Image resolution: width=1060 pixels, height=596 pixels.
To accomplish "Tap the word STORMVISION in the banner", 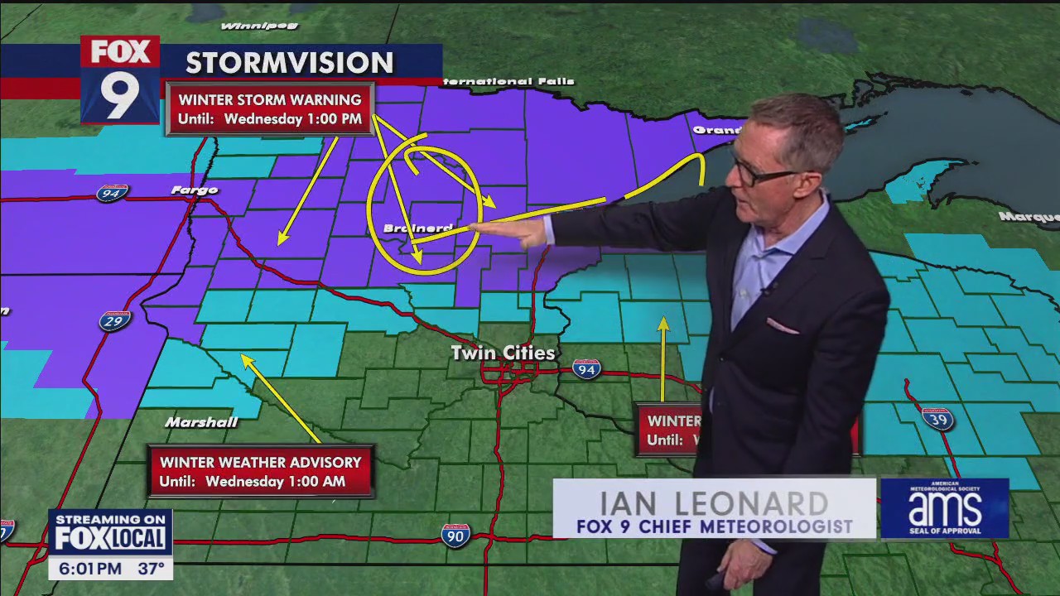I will pos(289,63).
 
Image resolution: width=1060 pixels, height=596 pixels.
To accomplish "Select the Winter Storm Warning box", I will pos(270,109).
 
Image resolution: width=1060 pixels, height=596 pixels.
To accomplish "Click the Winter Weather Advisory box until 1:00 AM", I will pos(260,472).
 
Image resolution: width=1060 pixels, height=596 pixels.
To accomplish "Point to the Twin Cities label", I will pos(503,353).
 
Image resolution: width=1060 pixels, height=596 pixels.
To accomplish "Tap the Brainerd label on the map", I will pos(417,228).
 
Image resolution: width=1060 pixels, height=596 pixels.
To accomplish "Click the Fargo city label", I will pos(195,190).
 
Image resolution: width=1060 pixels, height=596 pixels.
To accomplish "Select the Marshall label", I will pos(201,422).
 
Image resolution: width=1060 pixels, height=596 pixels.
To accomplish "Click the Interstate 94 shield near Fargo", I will pos(112,194).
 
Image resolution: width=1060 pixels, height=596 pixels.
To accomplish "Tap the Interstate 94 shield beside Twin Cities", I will pos(586,368).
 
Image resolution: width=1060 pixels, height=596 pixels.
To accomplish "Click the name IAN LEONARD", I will pos(713,502).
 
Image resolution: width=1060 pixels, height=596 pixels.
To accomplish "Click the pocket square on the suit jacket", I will pos(782,326).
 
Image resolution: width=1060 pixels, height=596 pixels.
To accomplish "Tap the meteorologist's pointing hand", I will pos(518,233).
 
